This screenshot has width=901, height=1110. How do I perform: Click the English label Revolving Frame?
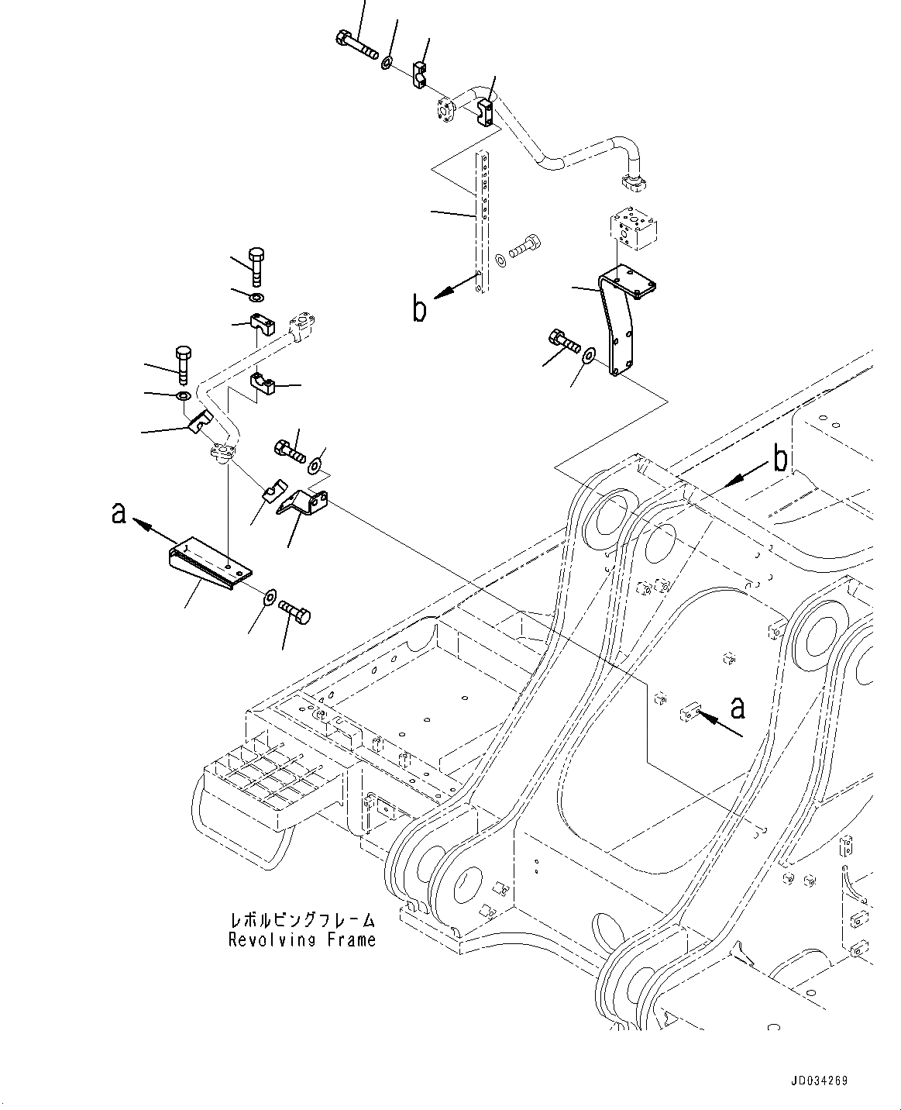pyautogui.click(x=302, y=940)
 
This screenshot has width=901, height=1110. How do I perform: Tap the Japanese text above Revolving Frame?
pyautogui.click(x=302, y=921)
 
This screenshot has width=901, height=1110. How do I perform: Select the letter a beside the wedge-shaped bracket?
pyautogui.click(x=119, y=512)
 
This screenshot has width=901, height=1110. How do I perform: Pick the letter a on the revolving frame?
pyautogui.click(x=738, y=706)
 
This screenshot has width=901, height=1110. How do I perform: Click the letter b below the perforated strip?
pyautogui.click(x=419, y=309)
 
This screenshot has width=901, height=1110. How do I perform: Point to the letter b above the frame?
pyautogui.click(x=781, y=460)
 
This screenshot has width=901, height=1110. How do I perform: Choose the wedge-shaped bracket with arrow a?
pyautogui.click(x=209, y=562)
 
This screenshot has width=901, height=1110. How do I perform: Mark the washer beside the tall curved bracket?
pyautogui.click(x=589, y=356)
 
